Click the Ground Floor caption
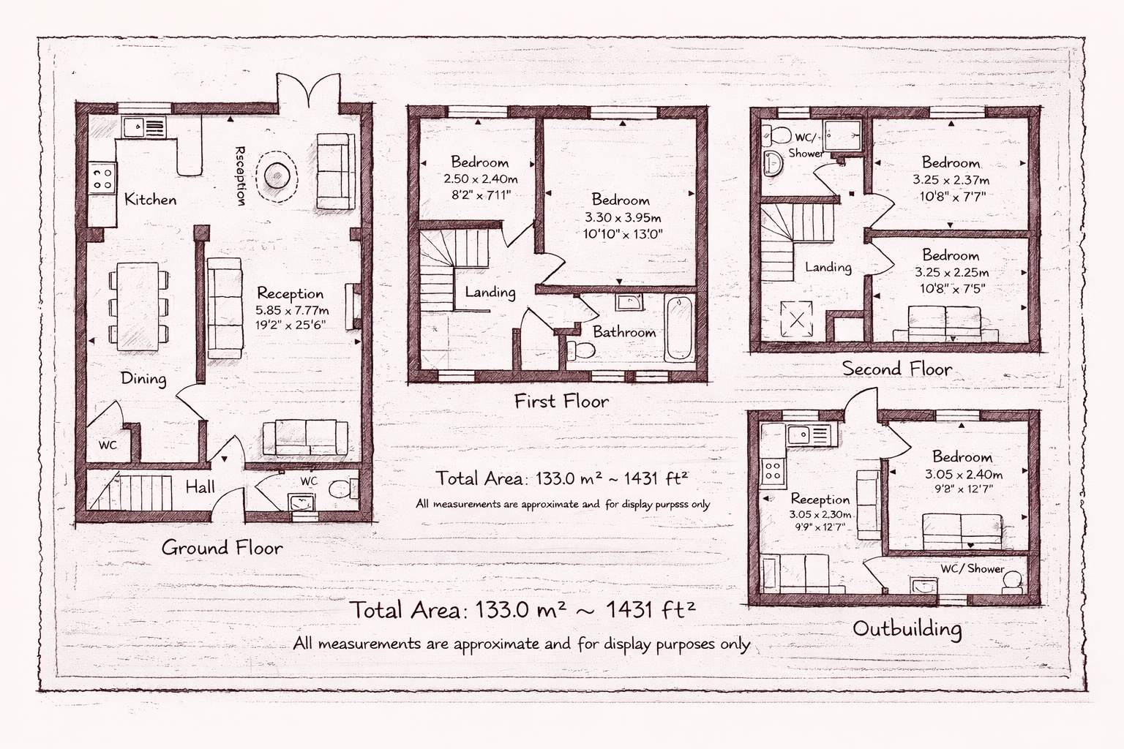point(222,548)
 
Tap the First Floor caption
point(561,402)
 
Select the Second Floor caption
point(896,369)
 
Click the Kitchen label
point(151,200)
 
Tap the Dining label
point(143,379)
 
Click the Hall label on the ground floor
point(201,486)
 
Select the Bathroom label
point(624,332)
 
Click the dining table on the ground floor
point(138,306)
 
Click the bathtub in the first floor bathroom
point(679,328)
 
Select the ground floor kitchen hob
point(103,178)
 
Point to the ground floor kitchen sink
point(143,127)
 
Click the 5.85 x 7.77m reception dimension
point(292,310)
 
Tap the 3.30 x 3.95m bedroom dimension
point(623,218)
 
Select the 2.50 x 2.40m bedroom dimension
point(481,179)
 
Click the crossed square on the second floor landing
point(797,319)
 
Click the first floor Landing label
point(490,292)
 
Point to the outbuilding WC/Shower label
point(973,568)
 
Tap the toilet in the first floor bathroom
point(580,350)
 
